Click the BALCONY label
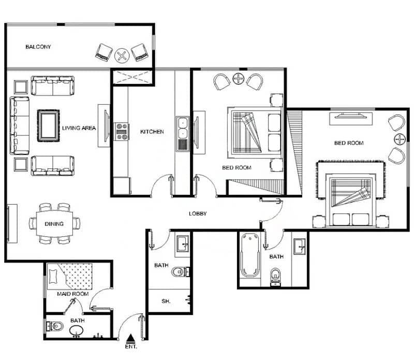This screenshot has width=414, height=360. point(38,47)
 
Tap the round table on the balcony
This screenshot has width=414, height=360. point(122,55)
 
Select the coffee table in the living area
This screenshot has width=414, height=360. point(48,126)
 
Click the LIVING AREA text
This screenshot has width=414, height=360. point(79,128)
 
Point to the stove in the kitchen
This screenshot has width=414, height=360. point(122,132)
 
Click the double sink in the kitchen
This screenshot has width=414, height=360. point(183,134)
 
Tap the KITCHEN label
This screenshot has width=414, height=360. point(152,132)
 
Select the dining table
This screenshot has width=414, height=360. point(54,224)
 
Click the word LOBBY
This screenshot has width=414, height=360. point(198,213)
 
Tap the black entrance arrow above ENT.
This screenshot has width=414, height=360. point(130,338)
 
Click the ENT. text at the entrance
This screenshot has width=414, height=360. point(131,347)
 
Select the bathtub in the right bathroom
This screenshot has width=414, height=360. point(249,255)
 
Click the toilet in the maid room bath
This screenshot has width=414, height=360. point(55,326)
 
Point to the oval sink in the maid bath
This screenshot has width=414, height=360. point(76,330)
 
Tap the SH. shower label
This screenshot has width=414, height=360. point(166,301)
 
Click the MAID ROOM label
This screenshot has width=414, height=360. point(72,294)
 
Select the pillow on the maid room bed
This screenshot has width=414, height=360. point(53,277)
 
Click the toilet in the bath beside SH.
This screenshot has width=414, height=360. point(180,272)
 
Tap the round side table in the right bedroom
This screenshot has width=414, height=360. point(400,139)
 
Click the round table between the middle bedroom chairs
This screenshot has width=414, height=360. point(239,79)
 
